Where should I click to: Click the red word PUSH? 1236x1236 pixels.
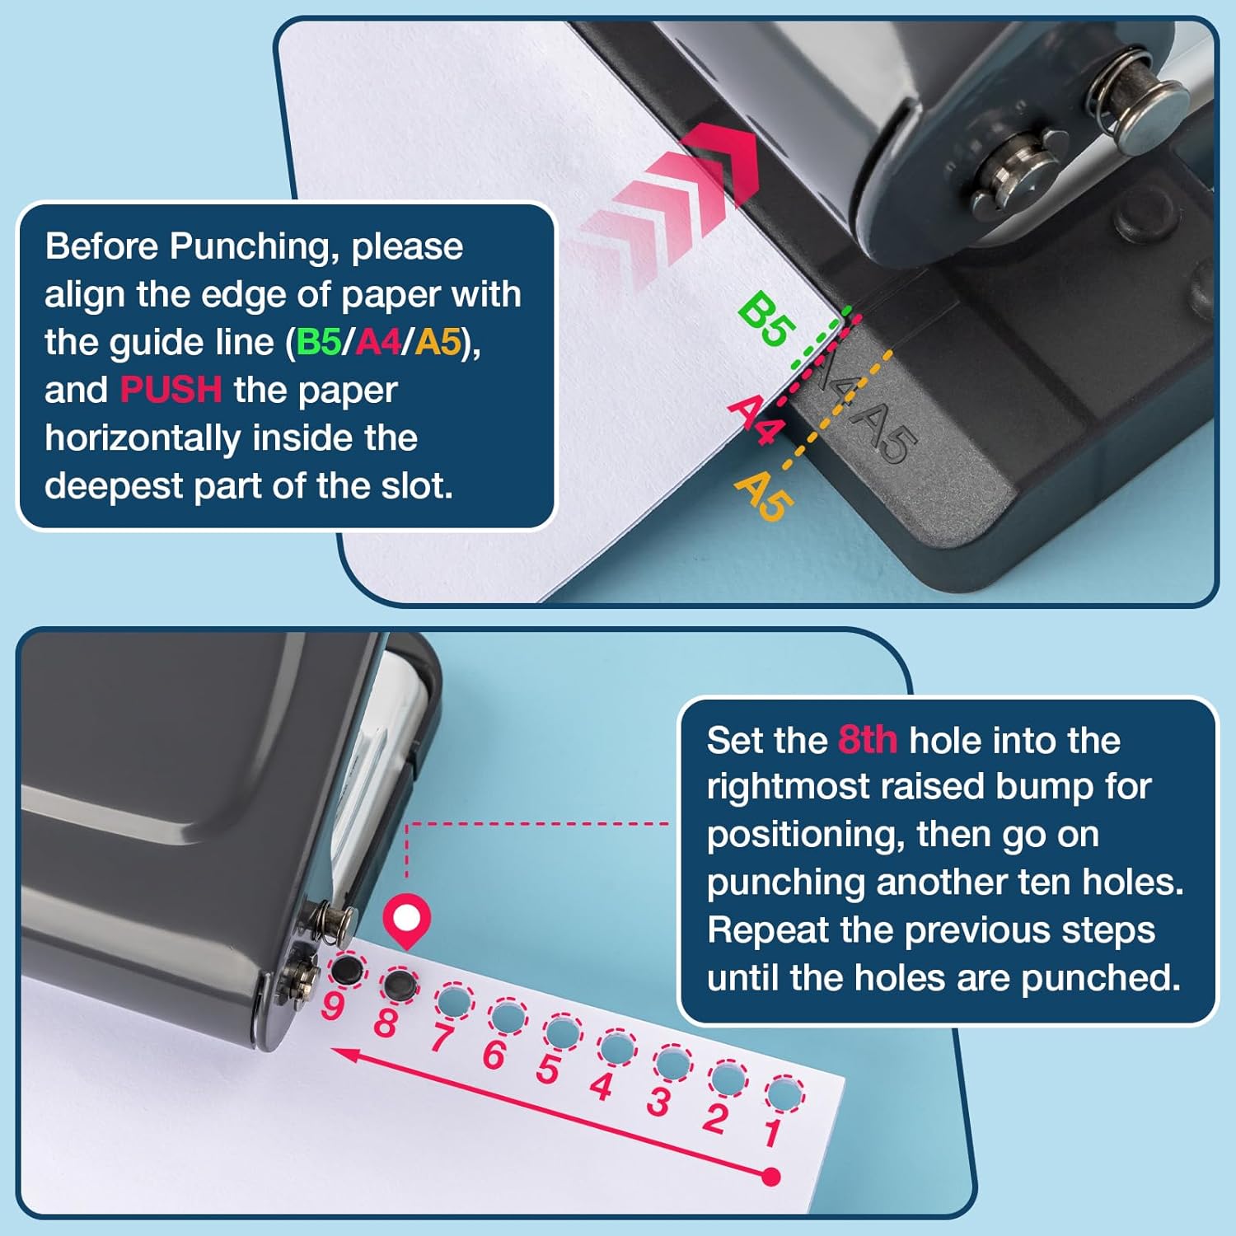pyautogui.click(x=171, y=390)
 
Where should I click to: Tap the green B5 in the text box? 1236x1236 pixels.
pyautogui.click(x=318, y=342)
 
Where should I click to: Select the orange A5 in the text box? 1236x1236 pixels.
pyautogui.click(x=438, y=342)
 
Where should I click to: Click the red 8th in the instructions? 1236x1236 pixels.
pyautogui.click(x=867, y=740)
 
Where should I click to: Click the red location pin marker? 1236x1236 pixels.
pyautogui.click(x=406, y=920)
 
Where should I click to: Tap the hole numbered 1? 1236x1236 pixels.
pyautogui.click(x=784, y=1094)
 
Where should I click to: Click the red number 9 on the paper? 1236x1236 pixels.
pyautogui.click(x=332, y=1005)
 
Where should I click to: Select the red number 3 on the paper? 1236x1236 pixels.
pyautogui.click(x=658, y=1102)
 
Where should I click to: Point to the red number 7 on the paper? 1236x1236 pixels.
pyautogui.click(x=441, y=1038)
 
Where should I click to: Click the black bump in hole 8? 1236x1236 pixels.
pyautogui.click(x=400, y=982)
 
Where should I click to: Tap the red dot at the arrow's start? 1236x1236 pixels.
pyautogui.click(x=771, y=1177)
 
